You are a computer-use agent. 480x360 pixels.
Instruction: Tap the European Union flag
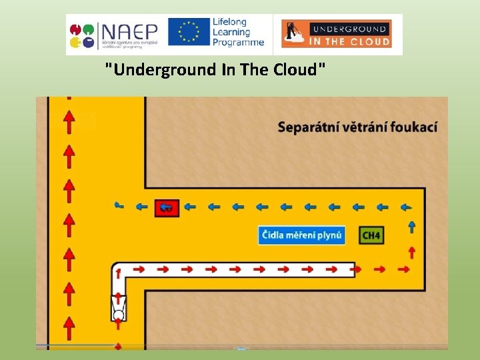(x=189, y=32)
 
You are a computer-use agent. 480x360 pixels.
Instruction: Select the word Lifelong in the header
(x=230, y=22)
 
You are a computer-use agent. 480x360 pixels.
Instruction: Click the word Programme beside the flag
(x=238, y=43)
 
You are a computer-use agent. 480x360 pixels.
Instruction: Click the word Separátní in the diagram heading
(x=307, y=127)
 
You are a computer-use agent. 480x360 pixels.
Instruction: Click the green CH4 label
(x=371, y=235)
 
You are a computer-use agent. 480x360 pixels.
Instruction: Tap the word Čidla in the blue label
(x=274, y=235)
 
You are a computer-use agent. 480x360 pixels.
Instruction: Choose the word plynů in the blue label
(x=329, y=235)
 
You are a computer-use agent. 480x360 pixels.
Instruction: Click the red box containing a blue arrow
(x=167, y=207)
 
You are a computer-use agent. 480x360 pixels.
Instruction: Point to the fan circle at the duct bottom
(x=119, y=315)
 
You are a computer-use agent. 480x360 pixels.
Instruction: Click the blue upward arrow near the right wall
(x=412, y=227)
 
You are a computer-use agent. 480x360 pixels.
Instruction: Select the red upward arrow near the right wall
(x=412, y=252)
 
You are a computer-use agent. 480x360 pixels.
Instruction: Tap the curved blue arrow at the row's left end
(x=119, y=205)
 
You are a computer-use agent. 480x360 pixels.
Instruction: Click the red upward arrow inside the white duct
(x=119, y=272)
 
